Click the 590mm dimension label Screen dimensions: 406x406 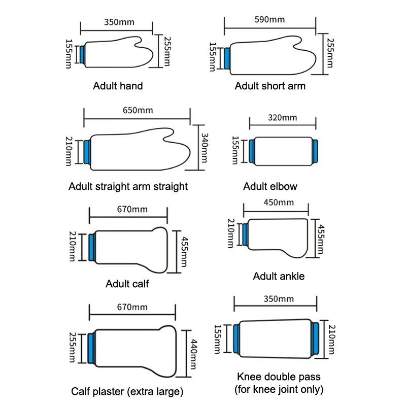point(269,20)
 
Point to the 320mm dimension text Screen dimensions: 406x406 point(282,118)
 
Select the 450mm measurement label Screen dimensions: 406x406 point(279,202)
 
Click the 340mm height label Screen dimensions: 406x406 point(205,148)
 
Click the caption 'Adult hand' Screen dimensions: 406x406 point(118,86)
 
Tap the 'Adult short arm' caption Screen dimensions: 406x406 point(270,86)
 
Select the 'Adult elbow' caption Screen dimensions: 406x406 point(270,186)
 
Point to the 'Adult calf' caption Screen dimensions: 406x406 point(127,284)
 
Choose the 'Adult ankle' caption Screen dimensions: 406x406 point(279,277)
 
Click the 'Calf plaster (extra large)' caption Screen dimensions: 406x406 point(127,391)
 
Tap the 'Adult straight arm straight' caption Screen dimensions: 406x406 point(128,186)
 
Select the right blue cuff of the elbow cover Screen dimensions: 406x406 point(315,151)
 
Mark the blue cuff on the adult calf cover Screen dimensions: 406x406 point(92,247)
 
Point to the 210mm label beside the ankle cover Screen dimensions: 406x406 point(231,233)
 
